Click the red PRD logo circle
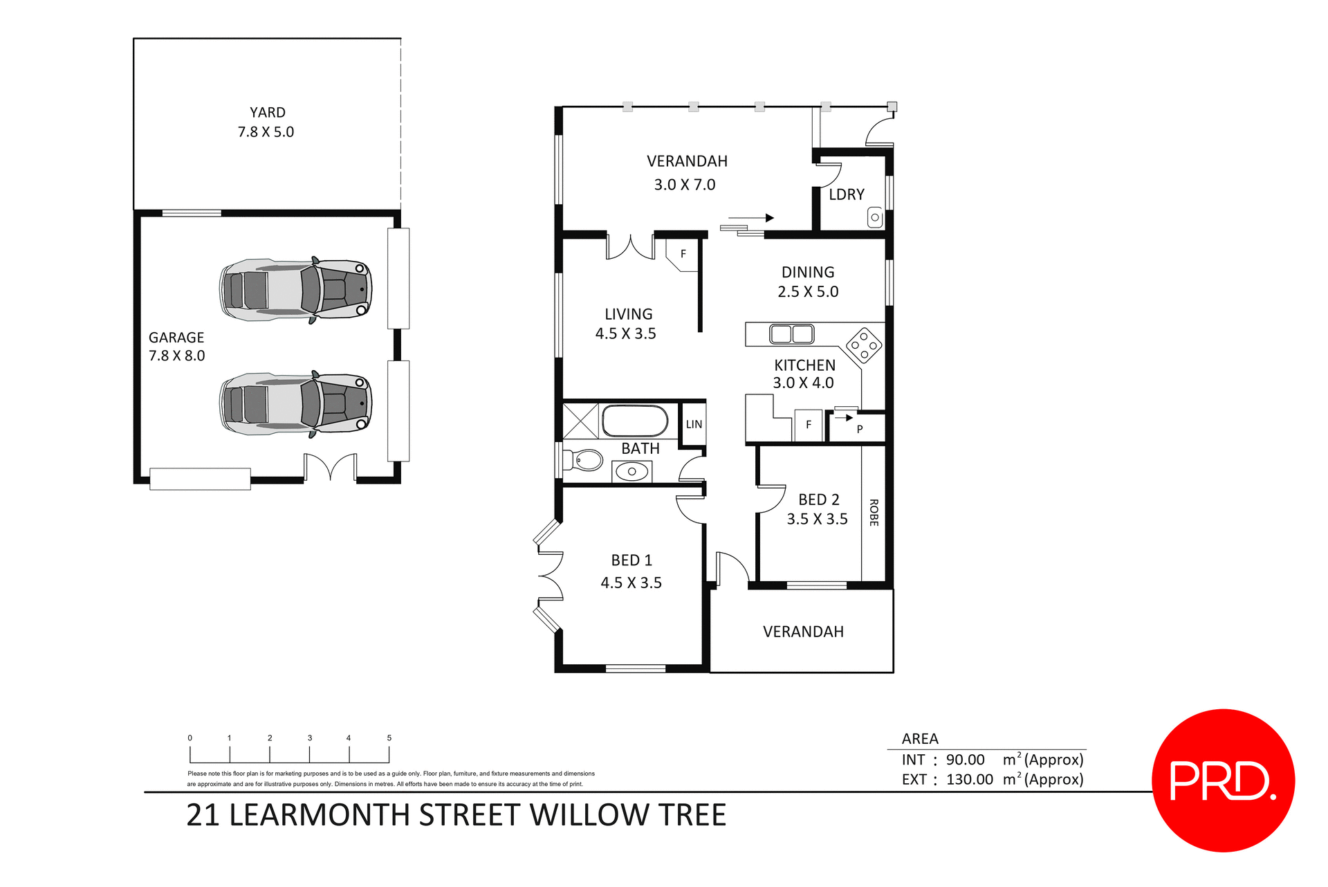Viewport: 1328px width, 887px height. point(1222,780)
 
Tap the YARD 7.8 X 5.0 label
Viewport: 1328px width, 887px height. point(266,122)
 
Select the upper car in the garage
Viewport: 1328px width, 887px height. point(296,290)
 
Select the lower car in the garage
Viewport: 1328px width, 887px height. point(296,405)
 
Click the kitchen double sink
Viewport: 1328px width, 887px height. point(792,334)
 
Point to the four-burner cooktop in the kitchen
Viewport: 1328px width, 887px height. point(864,345)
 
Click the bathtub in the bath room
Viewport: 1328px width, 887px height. point(634,421)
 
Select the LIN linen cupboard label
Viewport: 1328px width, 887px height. point(694,425)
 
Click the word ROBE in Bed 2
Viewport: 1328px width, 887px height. point(874,513)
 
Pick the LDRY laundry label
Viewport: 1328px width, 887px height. point(847,195)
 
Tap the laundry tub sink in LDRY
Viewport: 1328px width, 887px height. point(875,218)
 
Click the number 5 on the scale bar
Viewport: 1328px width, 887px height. point(389,738)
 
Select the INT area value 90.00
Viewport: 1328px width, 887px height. point(965,760)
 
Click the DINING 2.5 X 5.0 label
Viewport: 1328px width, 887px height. point(808,282)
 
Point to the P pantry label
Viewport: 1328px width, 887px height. point(860,429)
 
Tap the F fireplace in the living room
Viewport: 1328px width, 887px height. point(683,255)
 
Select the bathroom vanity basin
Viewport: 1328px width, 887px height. point(631,472)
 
